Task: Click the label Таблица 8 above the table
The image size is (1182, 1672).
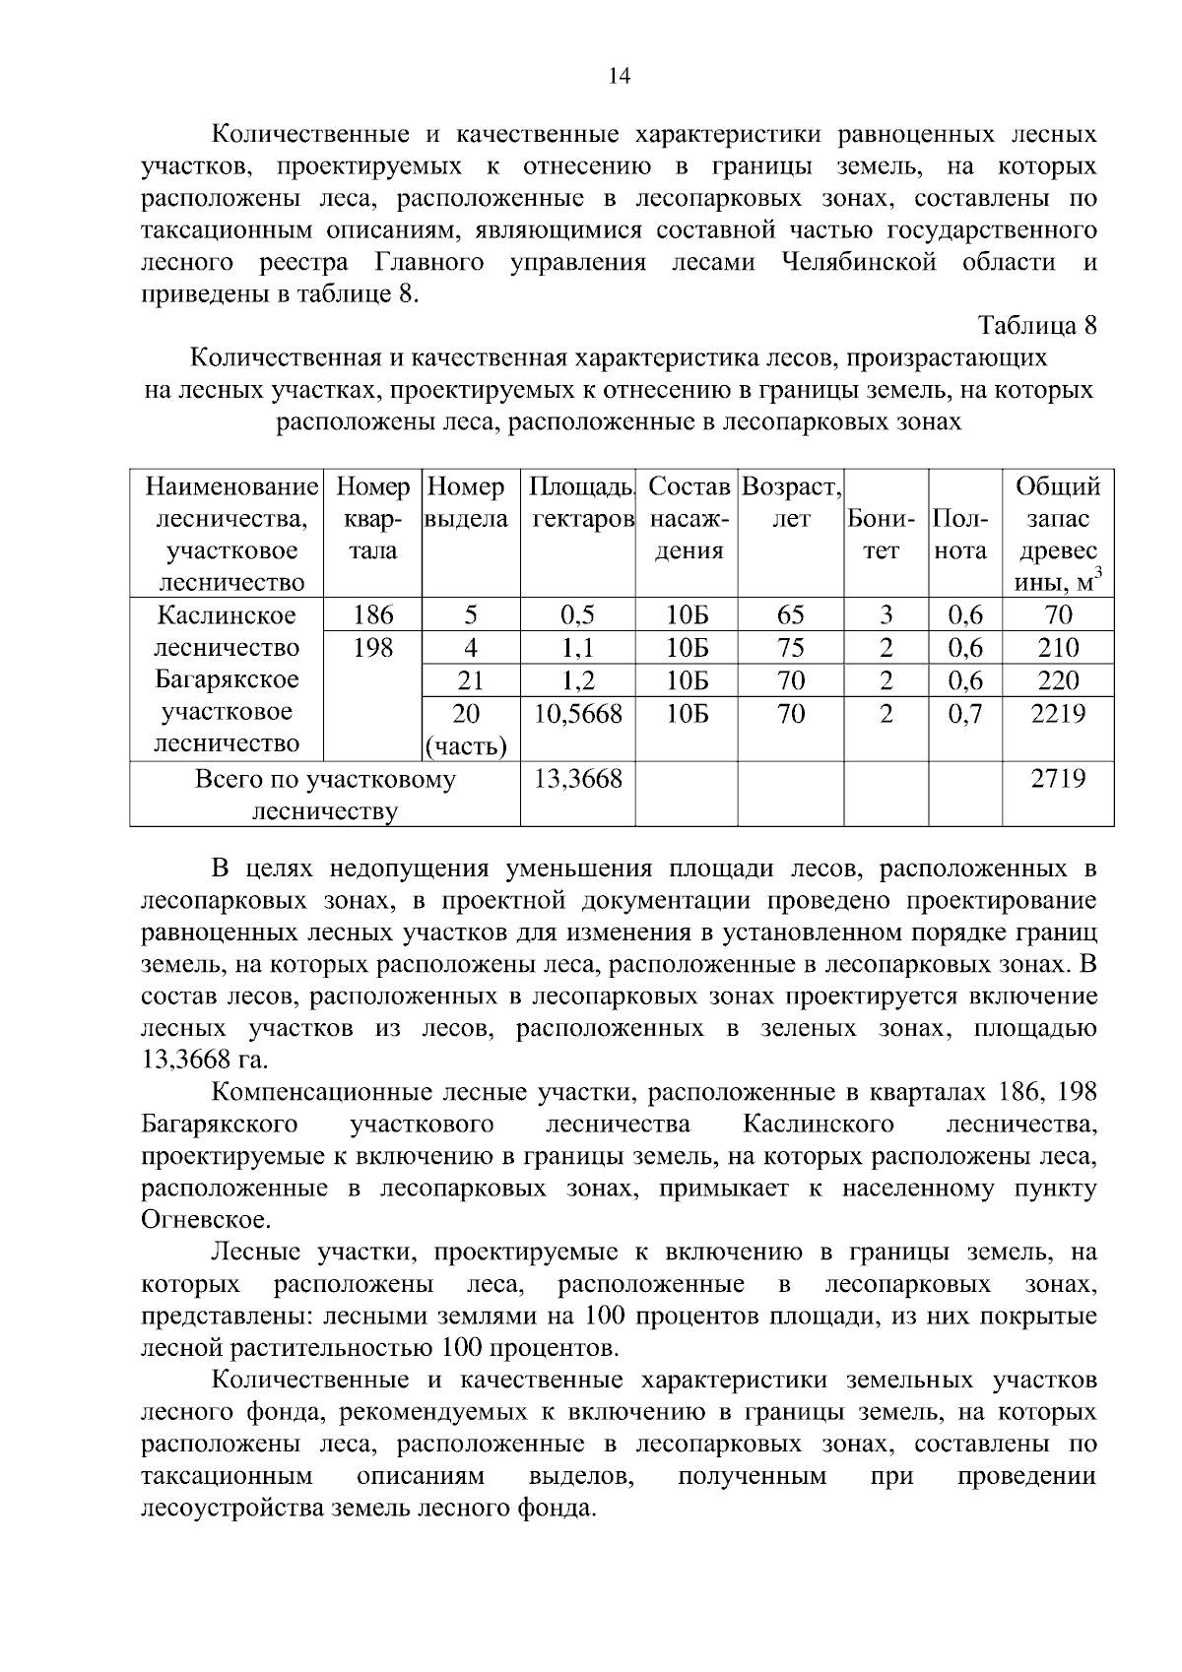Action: click(1036, 325)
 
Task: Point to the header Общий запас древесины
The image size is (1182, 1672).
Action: click(1058, 534)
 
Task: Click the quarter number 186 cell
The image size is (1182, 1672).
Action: click(373, 615)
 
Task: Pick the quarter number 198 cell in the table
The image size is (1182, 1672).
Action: click(373, 648)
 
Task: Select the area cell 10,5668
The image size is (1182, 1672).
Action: click(577, 714)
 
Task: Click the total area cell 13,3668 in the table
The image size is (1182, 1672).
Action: click(577, 780)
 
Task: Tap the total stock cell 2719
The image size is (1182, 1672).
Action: click(1058, 780)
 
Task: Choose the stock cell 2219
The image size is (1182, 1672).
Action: click(1058, 714)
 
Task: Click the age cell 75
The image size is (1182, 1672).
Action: click(790, 648)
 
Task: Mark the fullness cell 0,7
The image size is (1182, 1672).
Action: click(965, 714)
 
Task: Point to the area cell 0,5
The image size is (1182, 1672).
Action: click(577, 615)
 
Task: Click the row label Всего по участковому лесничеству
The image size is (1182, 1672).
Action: click(325, 796)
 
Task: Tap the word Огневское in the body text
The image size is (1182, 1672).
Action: click(191, 1221)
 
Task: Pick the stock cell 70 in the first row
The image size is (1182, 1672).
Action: click(1058, 615)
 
